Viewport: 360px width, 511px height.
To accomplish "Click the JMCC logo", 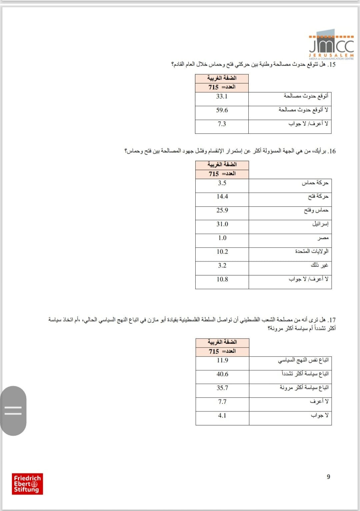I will pos(331,47).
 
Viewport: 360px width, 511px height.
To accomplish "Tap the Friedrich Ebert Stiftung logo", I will pos(27,484).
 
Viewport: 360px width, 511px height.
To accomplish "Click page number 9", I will pos(328,477).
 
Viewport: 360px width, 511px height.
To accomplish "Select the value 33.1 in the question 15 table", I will pos(222,96).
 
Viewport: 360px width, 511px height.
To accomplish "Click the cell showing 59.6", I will pos(222,110).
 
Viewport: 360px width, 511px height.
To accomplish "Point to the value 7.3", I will pos(222,124).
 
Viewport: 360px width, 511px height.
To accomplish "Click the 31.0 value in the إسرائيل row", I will pos(222,224).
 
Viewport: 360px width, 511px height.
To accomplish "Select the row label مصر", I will pos(323,238).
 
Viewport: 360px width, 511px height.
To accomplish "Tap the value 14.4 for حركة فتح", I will pos(222,197).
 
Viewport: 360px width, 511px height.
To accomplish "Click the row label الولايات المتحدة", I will pos(312,251).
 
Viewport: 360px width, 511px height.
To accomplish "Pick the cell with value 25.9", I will pos(222,210).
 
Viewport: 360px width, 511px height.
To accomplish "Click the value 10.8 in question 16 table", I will pos(222,279).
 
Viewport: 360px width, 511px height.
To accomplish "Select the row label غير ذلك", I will pos(319,265).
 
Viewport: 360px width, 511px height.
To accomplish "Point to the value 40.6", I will pos(222,374).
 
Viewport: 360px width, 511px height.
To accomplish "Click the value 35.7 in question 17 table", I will pos(222,388).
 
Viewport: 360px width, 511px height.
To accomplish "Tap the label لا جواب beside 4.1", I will pos(320,415).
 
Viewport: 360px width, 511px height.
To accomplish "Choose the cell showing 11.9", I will pos(222,360).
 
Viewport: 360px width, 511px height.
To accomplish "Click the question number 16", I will pos(332,151).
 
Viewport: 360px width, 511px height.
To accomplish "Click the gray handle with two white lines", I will pos(13,410).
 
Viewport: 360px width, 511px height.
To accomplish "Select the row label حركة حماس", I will pos(315,183).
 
